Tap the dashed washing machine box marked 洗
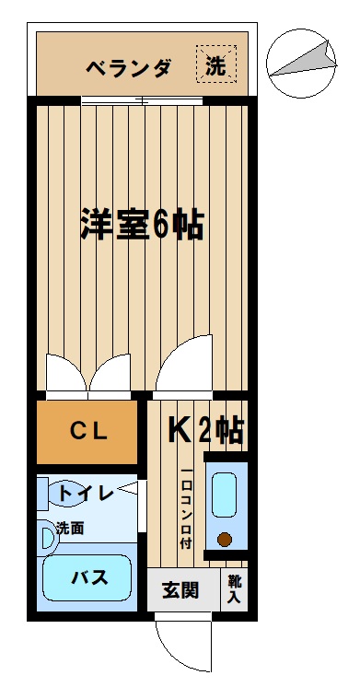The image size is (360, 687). [x=216, y=64]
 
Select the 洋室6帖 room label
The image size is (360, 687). [x=142, y=224]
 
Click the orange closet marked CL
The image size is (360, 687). [x=87, y=432]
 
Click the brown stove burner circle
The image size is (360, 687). [x=225, y=540]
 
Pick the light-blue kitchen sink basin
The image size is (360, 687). [x=225, y=495]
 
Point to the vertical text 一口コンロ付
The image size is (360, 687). [x=186, y=509]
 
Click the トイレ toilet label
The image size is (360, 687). [x=87, y=494]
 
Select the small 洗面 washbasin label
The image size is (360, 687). [x=70, y=529]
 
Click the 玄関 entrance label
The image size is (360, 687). [x=180, y=589]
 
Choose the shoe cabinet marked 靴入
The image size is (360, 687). [x=234, y=589]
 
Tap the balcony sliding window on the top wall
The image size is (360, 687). [x=142, y=100]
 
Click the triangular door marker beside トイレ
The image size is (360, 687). [x=128, y=488]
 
